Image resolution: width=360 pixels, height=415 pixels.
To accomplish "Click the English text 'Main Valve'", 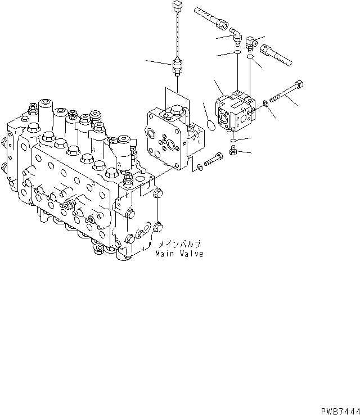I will click(x=179, y=254).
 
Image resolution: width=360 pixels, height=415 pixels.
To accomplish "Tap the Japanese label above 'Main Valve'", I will click(x=178, y=245).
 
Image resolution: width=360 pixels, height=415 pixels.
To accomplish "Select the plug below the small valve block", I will click(x=233, y=150).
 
